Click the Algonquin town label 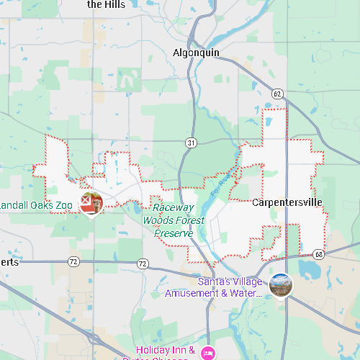(x=196, y=53)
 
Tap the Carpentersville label (x=287, y=202)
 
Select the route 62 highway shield (x=277, y=94)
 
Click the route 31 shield (x=190, y=143)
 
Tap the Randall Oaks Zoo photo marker (x=91, y=202)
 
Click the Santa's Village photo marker (x=281, y=285)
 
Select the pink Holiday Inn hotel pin (x=208, y=352)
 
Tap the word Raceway (x=173, y=207)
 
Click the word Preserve (x=174, y=233)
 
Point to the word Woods (x=157, y=220)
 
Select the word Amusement (x=192, y=293)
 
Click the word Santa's (x=214, y=282)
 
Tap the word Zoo (x=64, y=205)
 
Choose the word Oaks (x=40, y=205)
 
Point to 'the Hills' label (x=106, y=4)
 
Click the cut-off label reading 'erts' (x=9, y=262)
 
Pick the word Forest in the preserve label (x=189, y=220)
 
